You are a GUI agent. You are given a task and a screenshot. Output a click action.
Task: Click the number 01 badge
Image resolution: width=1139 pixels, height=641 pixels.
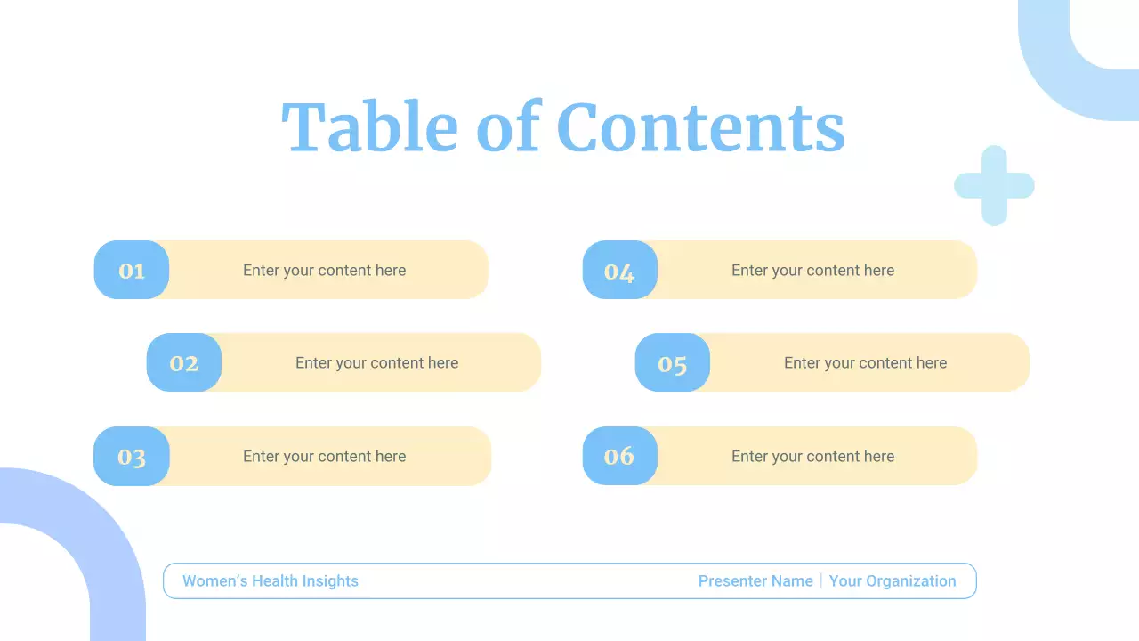pyautogui.click(x=132, y=270)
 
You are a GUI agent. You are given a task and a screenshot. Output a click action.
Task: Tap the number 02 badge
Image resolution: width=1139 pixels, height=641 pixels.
pyautogui.click(x=184, y=362)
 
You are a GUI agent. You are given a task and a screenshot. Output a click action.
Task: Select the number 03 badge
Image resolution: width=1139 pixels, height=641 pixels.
pyautogui.click(x=132, y=456)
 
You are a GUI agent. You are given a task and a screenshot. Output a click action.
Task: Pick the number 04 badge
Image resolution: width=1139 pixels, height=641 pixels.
pyautogui.click(x=619, y=270)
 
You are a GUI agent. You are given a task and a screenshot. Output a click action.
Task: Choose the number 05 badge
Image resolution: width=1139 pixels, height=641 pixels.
pyautogui.click(x=673, y=362)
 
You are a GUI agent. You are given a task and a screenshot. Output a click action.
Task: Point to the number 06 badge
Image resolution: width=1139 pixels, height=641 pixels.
pyautogui.click(x=619, y=456)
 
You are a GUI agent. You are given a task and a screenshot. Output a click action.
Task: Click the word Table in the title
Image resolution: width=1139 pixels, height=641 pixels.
pyautogui.click(x=369, y=126)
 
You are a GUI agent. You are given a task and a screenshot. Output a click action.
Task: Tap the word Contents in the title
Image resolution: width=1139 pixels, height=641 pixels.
pyautogui.click(x=700, y=126)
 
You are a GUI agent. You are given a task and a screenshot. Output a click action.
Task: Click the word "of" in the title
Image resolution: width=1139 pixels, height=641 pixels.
pyautogui.click(x=508, y=126)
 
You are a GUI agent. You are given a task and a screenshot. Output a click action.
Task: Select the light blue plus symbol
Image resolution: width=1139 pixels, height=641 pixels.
pyautogui.click(x=994, y=185)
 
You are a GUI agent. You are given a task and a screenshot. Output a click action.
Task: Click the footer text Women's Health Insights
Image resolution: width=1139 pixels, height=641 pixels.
pyautogui.click(x=271, y=581)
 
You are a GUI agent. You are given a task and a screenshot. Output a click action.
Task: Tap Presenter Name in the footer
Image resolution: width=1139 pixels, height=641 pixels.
pyautogui.click(x=755, y=581)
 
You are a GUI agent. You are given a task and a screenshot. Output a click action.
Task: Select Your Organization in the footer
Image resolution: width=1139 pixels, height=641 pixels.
pyautogui.click(x=893, y=581)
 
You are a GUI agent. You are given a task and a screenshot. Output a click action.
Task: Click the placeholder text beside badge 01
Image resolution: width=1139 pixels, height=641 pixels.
pyautogui.click(x=325, y=271)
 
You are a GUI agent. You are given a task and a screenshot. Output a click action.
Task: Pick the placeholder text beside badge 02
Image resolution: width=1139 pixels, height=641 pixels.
pyautogui.click(x=377, y=363)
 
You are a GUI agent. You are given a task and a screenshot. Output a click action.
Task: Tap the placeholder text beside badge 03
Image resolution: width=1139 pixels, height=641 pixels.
pyautogui.click(x=325, y=457)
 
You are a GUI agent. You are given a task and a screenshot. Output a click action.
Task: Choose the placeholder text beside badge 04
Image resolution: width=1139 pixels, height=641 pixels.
pyautogui.click(x=813, y=271)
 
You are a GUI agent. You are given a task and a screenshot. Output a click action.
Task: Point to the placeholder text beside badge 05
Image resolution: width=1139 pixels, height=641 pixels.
pyautogui.click(x=866, y=363)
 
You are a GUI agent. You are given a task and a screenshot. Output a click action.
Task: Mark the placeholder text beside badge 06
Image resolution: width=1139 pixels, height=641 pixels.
pyautogui.click(x=813, y=457)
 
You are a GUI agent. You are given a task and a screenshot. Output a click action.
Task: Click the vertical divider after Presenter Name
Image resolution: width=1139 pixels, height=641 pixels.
pyautogui.click(x=821, y=581)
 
